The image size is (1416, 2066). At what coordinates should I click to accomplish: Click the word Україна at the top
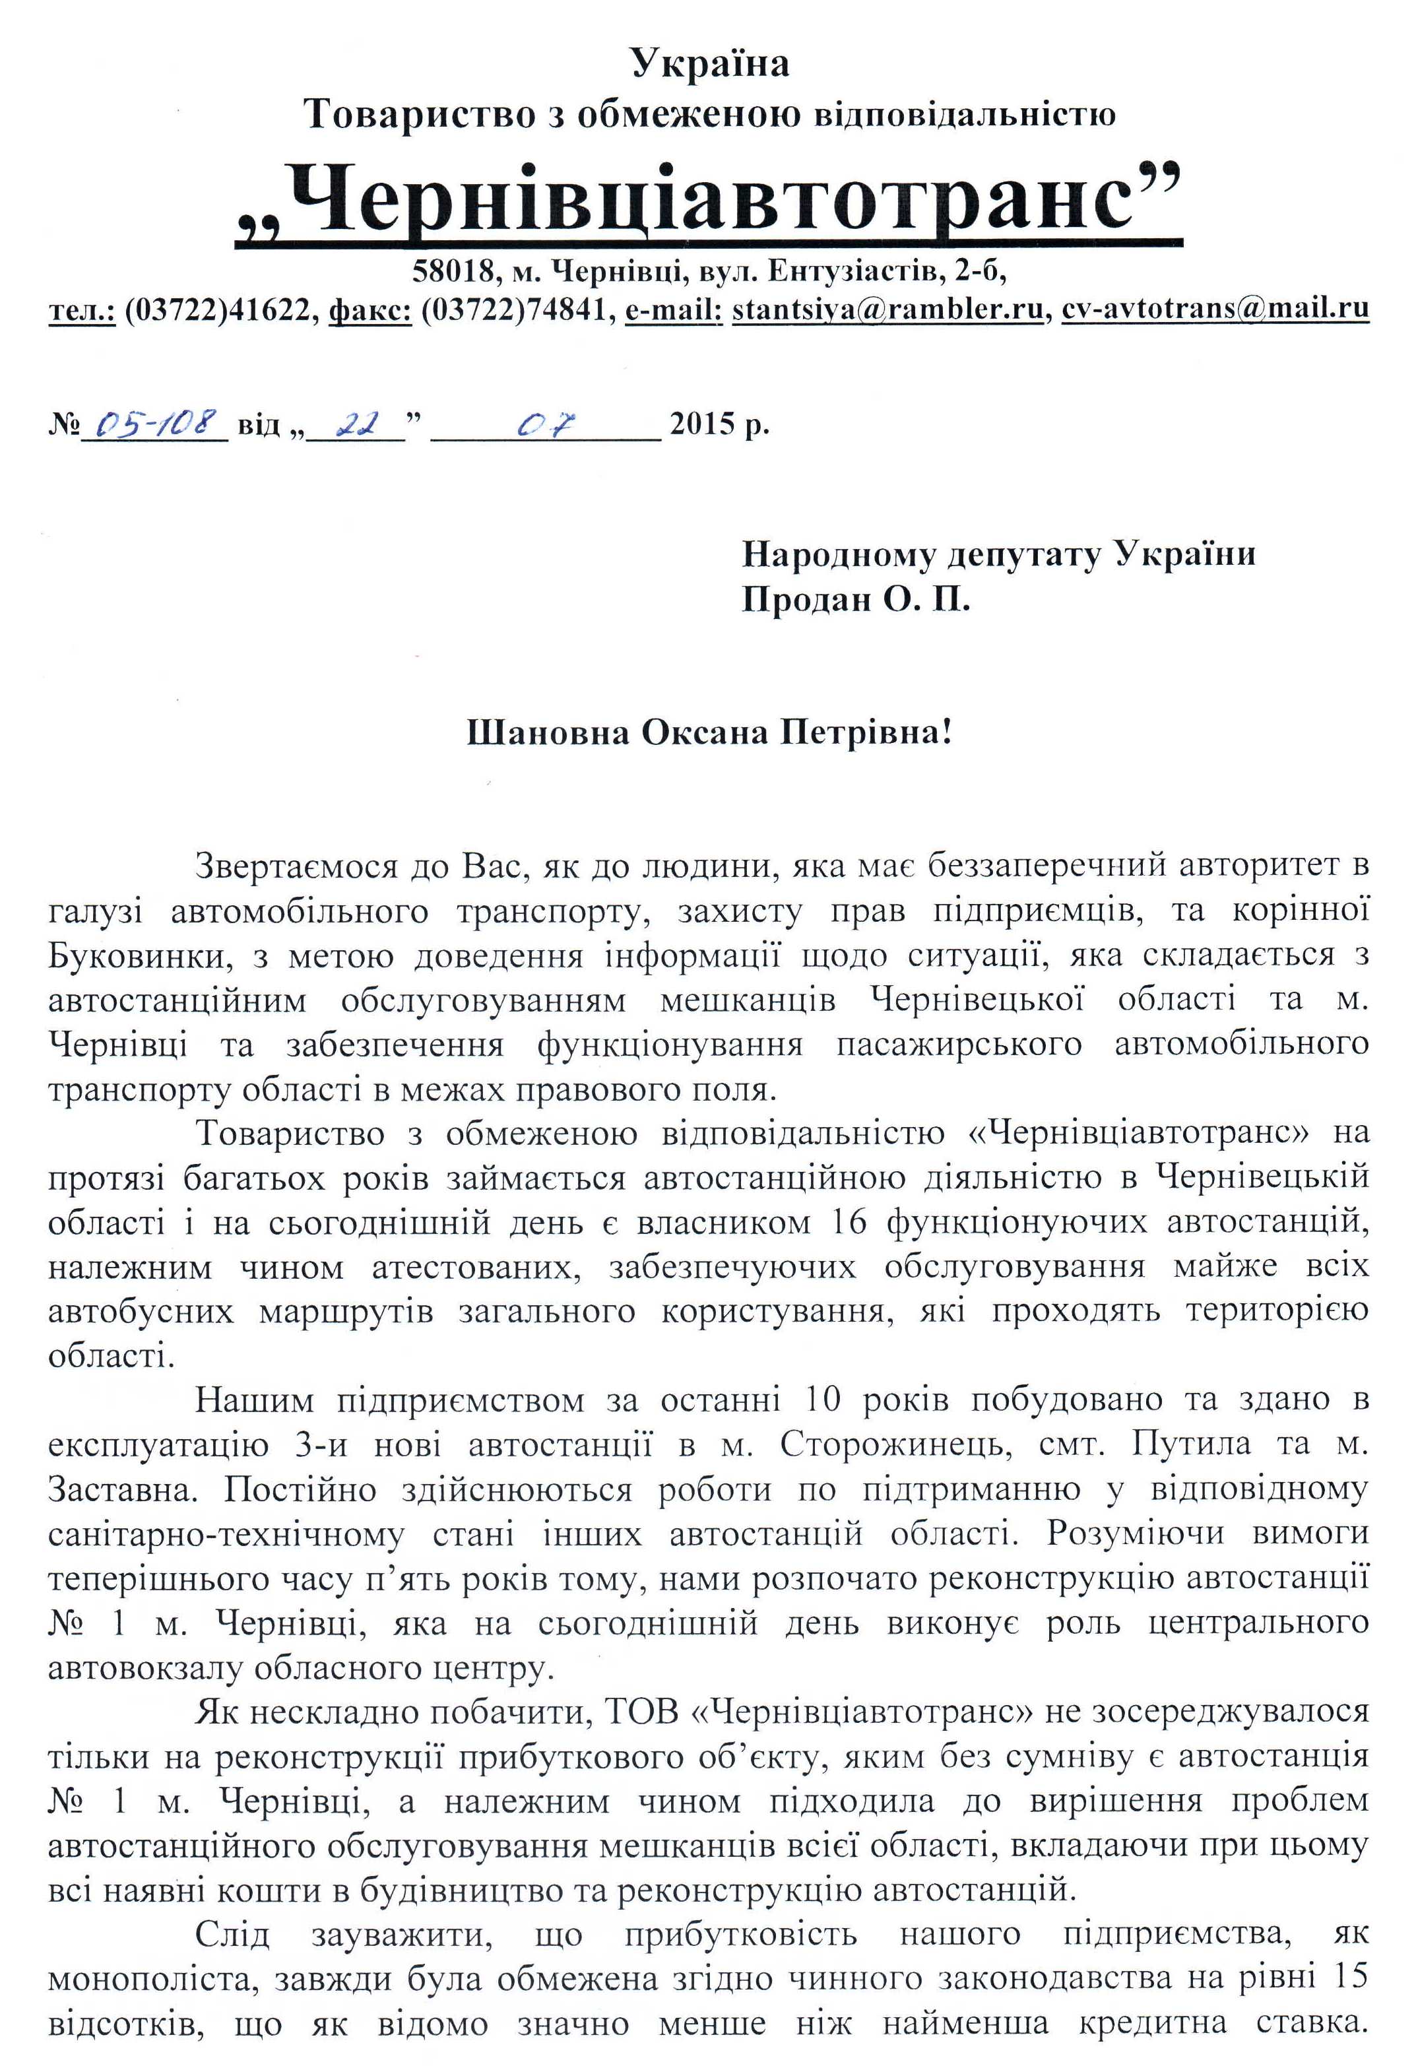click(x=709, y=63)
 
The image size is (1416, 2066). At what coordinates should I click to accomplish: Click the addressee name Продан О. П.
click(x=856, y=601)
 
